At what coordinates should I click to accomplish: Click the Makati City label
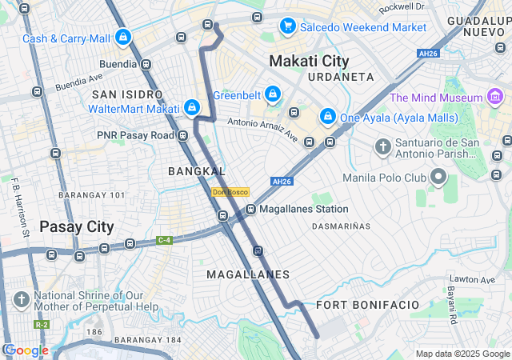coord(309,61)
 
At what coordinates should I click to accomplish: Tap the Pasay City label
coord(77,226)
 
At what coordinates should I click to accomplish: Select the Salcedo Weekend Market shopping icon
coord(287,27)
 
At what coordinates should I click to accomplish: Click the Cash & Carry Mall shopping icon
coord(123,38)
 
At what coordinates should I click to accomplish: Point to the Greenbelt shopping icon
coord(273,95)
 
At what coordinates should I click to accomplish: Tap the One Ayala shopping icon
coord(327,117)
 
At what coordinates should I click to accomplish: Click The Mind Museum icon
coord(496,98)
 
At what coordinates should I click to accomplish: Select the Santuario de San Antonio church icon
coord(383,147)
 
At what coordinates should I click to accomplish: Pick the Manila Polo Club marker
coord(438,177)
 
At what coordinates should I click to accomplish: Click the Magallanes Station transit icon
coord(250,210)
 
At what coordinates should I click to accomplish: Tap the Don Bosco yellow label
coord(230,192)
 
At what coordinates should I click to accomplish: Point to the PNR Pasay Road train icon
coord(183,135)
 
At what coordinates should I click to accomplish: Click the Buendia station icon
coord(146,64)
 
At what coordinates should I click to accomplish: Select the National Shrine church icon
coord(22,300)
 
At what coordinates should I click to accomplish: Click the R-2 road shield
coord(42,325)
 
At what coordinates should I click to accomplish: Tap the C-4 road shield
coord(165,239)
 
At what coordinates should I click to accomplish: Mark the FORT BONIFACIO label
coord(367,306)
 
